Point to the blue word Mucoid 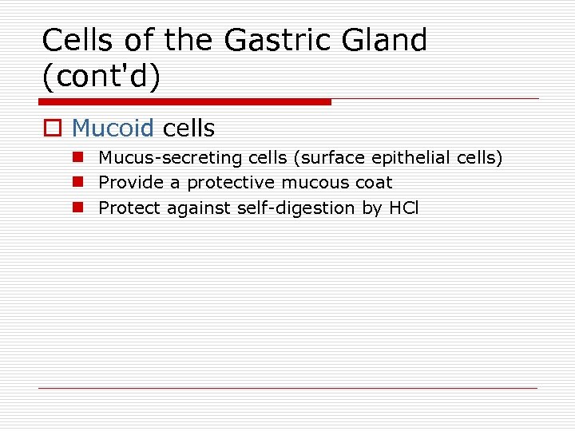click(113, 128)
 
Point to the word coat click(374, 183)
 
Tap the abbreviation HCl click(403, 208)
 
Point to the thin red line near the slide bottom click(287, 388)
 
